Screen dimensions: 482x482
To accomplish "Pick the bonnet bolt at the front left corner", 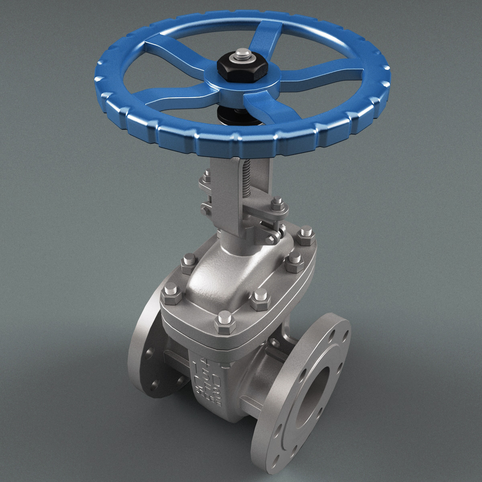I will coord(169,292).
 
